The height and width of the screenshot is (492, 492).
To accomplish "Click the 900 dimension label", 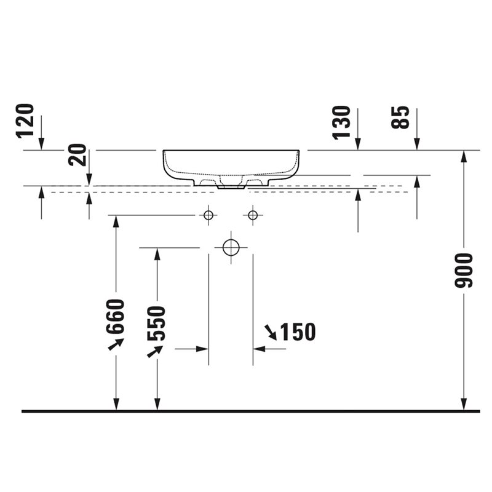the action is [x=464, y=271].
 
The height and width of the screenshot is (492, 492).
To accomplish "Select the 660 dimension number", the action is [x=116, y=317].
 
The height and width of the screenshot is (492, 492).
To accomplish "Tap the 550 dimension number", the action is [x=156, y=323].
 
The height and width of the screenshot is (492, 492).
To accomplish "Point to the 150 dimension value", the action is [x=298, y=331].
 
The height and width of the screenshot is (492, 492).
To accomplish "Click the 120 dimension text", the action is [x=25, y=121].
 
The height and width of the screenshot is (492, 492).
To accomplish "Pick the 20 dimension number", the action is [x=77, y=155].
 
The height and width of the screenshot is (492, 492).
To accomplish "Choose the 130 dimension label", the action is [x=341, y=122].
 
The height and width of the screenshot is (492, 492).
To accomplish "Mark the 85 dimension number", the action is [x=400, y=117].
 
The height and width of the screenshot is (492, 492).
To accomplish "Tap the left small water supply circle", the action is [x=208, y=215].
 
